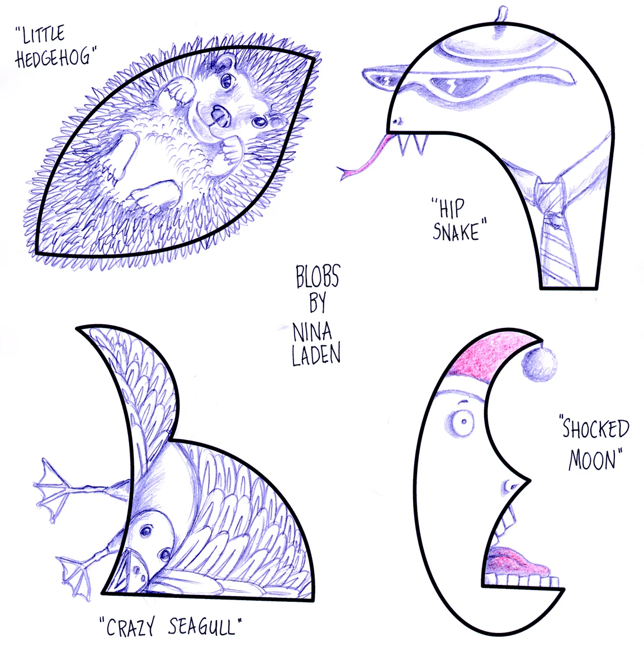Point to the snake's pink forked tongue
(x=366, y=159)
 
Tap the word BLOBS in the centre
(x=318, y=277)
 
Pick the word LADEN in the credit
(x=316, y=355)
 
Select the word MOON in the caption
(x=595, y=460)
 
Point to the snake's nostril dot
(x=397, y=120)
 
